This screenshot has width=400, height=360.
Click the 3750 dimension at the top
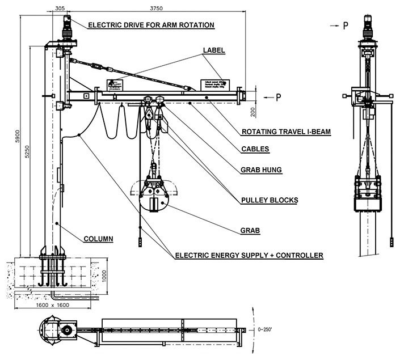click(149, 9)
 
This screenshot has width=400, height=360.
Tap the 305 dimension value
click(59, 9)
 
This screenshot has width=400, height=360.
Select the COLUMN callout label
click(98, 239)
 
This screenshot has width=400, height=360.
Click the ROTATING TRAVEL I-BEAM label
click(286, 132)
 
